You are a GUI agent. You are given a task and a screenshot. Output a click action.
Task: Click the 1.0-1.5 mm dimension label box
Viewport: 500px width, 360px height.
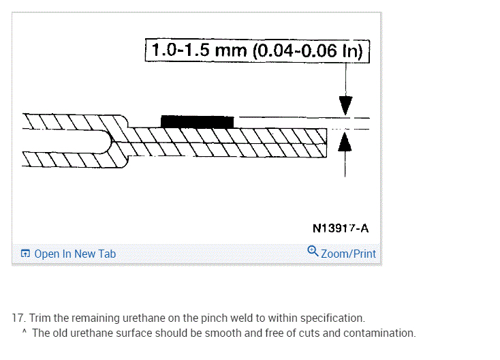pyautogui.click(x=257, y=50)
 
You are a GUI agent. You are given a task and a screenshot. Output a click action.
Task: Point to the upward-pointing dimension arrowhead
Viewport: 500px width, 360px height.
pyautogui.click(x=345, y=142)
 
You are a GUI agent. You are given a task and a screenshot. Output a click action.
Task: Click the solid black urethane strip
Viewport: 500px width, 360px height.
pyautogui.click(x=197, y=121)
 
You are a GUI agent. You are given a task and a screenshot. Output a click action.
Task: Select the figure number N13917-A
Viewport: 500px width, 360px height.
pyautogui.click(x=341, y=228)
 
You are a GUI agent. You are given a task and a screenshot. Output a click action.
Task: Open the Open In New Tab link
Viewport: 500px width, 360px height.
pyautogui.click(x=75, y=254)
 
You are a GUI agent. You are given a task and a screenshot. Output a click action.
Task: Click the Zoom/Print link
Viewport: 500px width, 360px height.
pyautogui.click(x=348, y=254)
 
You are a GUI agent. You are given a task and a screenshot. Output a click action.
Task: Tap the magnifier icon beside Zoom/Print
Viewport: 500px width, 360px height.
pyautogui.click(x=313, y=252)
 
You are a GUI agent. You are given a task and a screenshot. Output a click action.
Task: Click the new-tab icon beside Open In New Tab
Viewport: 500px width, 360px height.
pyautogui.click(x=25, y=254)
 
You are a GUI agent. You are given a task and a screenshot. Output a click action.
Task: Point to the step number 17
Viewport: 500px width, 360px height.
pyautogui.click(x=18, y=318)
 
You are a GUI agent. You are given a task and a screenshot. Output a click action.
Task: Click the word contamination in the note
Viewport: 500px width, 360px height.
pyautogui.click(x=381, y=333)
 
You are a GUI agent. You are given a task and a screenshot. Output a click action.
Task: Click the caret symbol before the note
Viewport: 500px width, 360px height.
pyautogui.click(x=24, y=333)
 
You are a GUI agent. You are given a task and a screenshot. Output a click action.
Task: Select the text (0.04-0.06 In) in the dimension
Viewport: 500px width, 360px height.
pyautogui.click(x=310, y=50)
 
